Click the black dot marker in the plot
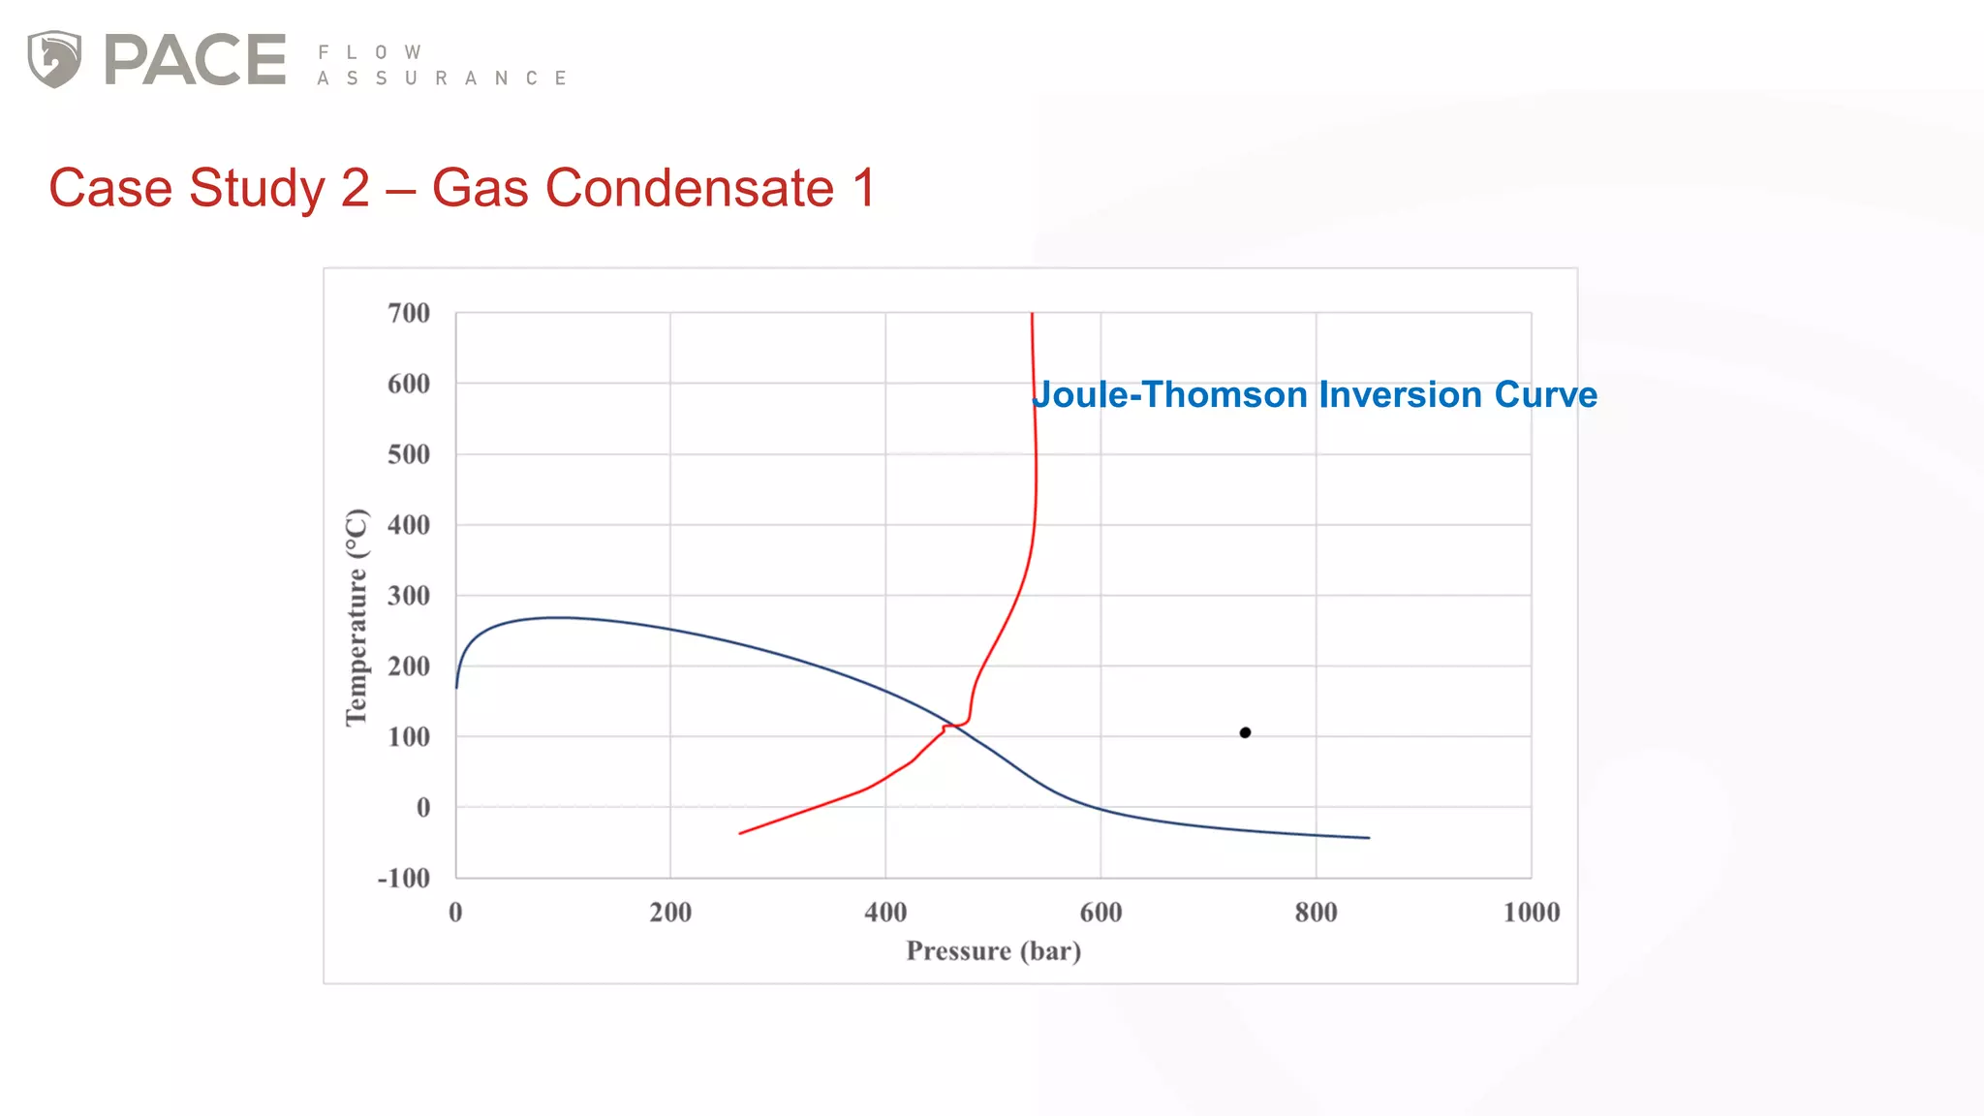pyautogui.click(x=1245, y=732)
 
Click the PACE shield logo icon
pyautogui.click(x=54, y=59)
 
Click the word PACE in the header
pyautogui.click(x=195, y=60)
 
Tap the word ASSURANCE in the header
pyautogui.click(x=442, y=78)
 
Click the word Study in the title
pyautogui.click(x=257, y=188)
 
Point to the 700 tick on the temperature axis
pyautogui.click(x=409, y=313)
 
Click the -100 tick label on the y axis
pyautogui.click(x=404, y=878)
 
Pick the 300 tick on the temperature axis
pyautogui.click(x=409, y=596)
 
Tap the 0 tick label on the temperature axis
pyautogui.click(x=422, y=807)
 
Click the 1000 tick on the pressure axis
pyautogui.click(x=1531, y=913)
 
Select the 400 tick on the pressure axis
pyautogui.click(x=885, y=913)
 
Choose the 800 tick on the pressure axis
pyautogui.click(x=1316, y=913)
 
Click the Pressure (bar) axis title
pyautogui.click(x=993, y=951)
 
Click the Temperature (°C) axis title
pyautogui.click(x=356, y=617)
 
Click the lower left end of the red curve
pyautogui.click(x=740, y=833)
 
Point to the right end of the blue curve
pyautogui.click(x=1369, y=838)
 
